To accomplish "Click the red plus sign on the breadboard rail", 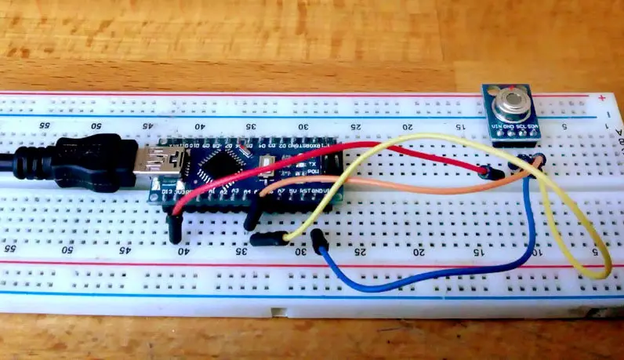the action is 600,98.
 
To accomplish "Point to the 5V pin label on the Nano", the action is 293,188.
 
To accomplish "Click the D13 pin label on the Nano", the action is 166,191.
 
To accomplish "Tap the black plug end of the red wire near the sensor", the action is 492,173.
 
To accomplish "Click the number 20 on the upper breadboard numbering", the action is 407,127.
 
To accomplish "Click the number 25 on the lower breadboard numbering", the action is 359,252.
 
